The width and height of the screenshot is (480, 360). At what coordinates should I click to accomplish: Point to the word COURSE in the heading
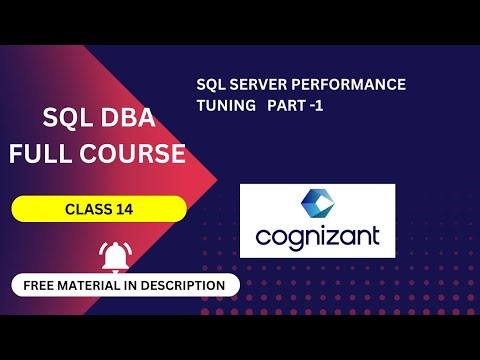pyautogui.click(x=138, y=154)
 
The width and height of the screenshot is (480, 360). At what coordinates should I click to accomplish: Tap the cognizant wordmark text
pyautogui.click(x=317, y=239)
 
